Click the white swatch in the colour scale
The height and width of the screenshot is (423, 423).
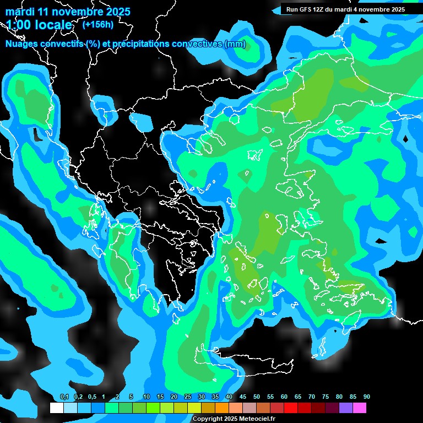56,408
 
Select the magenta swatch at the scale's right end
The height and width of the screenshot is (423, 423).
360,408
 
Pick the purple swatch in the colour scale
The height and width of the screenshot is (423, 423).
346,408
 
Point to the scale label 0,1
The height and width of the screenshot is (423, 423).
64,397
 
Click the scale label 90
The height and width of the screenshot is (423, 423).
367,397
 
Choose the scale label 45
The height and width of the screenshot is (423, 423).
243,397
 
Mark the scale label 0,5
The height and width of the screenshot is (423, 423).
92,397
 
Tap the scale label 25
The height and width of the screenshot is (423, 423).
188,397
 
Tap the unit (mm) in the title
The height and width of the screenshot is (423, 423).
235,44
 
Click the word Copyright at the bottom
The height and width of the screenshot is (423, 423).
207,419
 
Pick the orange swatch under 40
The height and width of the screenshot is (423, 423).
222,408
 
